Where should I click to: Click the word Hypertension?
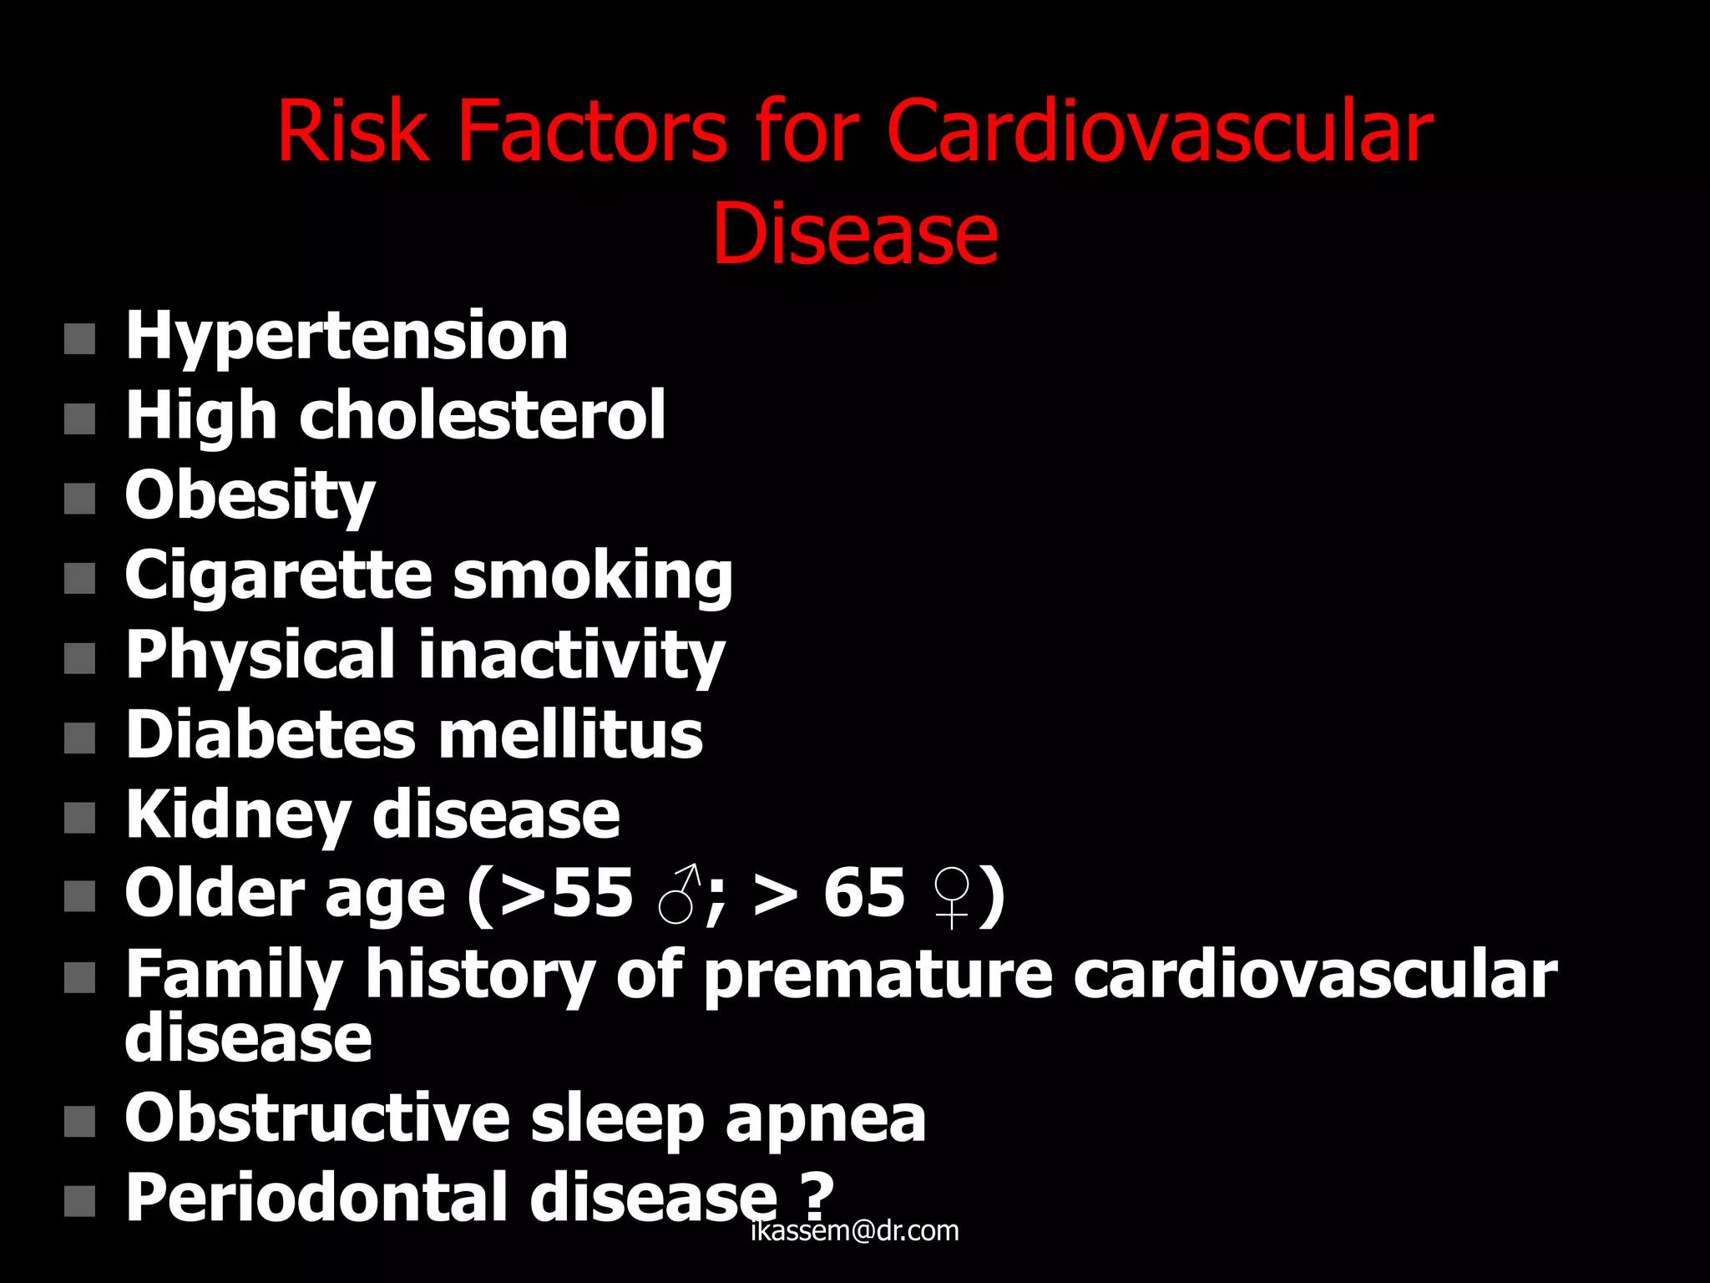pos(347,337)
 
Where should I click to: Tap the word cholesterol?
pos(482,415)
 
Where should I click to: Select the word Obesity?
pos(250,495)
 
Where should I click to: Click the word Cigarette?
pos(278,576)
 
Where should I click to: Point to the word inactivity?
pos(571,656)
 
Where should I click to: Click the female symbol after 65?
pos(952,897)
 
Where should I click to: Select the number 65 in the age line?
pos(863,894)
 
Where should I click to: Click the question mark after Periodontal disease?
pos(815,1195)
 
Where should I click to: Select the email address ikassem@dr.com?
pos(855,1231)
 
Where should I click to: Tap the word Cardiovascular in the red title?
pos(1159,131)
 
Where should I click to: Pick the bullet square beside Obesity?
pos(79,499)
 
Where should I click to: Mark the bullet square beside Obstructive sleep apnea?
pos(79,1122)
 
